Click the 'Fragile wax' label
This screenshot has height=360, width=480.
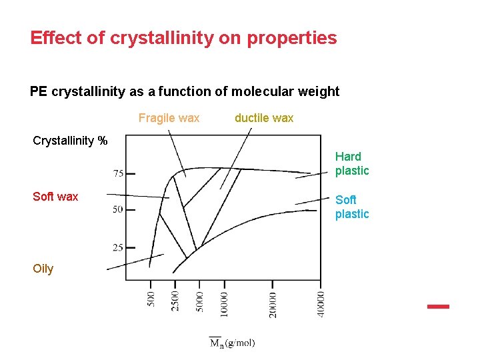click(x=169, y=118)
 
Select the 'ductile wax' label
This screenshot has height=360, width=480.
click(x=264, y=118)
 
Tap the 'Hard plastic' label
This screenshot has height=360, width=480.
click(x=351, y=163)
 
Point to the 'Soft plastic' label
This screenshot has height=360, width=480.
click(x=351, y=207)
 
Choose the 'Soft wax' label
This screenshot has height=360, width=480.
click(x=55, y=197)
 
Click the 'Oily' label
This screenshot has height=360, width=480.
click(x=43, y=269)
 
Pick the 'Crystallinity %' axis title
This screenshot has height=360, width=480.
click(x=70, y=141)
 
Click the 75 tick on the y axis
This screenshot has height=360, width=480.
click(x=117, y=174)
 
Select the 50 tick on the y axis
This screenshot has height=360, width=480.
click(x=117, y=210)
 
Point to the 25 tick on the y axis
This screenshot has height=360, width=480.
click(x=117, y=247)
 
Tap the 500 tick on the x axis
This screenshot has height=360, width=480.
click(x=151, y=298)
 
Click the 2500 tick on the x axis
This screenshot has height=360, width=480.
click(x=175, y=301)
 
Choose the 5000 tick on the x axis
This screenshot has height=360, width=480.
click(x=199, y=301)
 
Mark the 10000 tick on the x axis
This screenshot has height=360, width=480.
click(x=225, y=303)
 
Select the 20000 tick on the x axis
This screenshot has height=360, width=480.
click(x=273, y=303)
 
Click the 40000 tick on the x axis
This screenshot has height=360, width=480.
click(x=321, y=303)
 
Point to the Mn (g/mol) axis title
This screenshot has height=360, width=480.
click(x=232, y=343)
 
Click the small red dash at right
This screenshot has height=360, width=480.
click(x=438, y=307)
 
